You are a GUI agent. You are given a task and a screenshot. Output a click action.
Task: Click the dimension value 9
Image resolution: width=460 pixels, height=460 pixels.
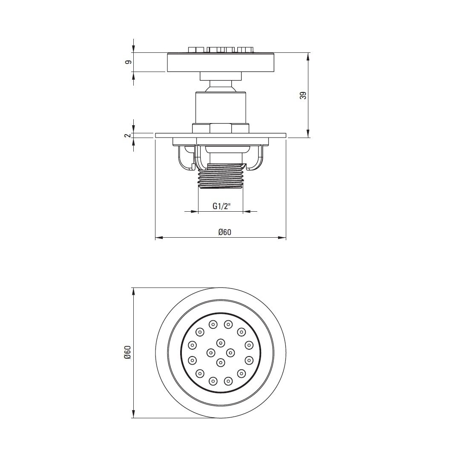pyautogui.click(x=128, y=62)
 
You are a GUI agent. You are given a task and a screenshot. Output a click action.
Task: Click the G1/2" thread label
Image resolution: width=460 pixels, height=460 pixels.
pyautogui.click(x=221, y=206)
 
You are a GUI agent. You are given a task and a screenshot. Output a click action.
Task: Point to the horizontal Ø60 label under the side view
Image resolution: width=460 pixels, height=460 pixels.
pyautogui.click(x=225, y=232)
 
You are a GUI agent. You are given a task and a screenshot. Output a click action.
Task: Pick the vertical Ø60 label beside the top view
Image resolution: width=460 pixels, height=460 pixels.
pyautogui.click(x=127, y=352)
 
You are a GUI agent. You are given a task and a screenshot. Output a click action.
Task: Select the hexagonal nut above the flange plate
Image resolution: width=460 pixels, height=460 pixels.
pyautogui.click(x=221, y=128)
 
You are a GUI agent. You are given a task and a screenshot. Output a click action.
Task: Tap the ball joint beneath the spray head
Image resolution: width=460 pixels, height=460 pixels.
pyautogui.click(x=221, y=87)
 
